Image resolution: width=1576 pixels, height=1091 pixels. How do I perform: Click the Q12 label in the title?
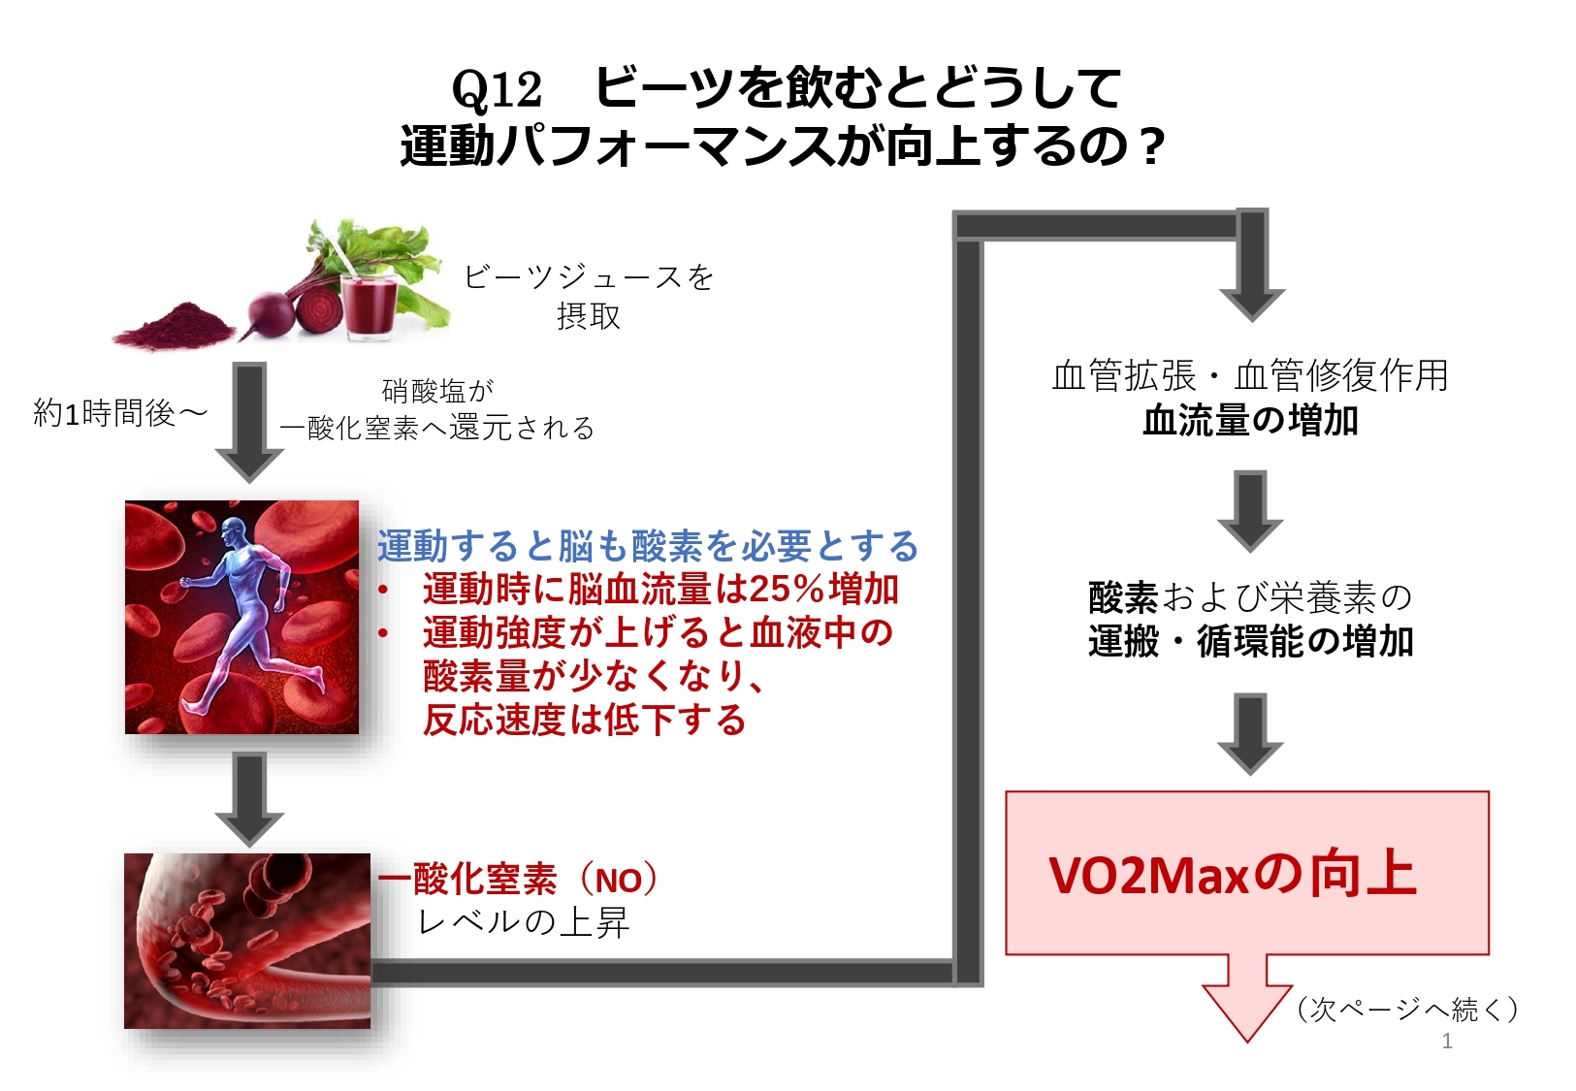[497, 90]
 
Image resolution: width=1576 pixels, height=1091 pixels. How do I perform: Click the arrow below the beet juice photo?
[250, 422]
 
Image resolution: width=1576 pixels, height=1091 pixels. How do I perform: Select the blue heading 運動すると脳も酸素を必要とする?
[648, 546]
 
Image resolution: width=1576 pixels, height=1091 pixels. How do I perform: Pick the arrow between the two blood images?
[250, 799]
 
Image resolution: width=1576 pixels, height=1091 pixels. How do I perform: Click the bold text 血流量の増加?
[1250, 421]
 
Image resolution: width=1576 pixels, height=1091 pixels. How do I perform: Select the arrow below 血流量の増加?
[1250, 511]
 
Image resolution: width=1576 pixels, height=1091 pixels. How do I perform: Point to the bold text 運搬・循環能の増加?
[1250, 641]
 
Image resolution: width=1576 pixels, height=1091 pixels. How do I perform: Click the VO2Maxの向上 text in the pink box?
[1232, 875]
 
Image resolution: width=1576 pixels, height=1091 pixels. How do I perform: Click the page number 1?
[1447, 1042]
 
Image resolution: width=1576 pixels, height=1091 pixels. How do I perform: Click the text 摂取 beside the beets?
[589, 316]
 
